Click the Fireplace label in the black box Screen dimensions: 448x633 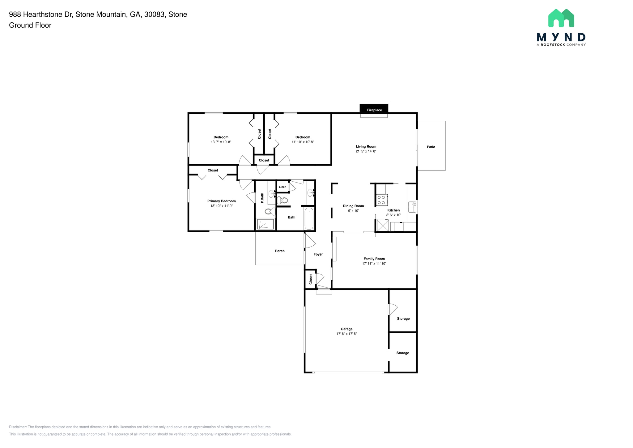click(x=374, y=110)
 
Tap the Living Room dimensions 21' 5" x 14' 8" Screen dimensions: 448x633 click(x=366, y=151)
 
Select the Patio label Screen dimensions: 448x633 click(x=431, y=147)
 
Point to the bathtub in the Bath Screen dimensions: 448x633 click(x=309, y=218)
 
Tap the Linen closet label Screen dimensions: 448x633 click(x=283, y=187)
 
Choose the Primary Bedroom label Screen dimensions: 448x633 click(x=221, y=201)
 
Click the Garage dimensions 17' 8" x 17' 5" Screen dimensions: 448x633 click(x=346, y=334)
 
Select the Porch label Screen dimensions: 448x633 click(x=280, y=251)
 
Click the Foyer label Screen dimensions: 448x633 click(x=318, y=254)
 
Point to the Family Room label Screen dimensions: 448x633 click(x=374, y=259)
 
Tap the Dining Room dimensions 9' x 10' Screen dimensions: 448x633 click(x=353, y=211)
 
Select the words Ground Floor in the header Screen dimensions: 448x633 click(x=30, y=25)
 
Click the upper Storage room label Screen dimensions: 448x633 click(x=403, y=319)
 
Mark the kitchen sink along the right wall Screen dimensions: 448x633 click(x=412, y=207)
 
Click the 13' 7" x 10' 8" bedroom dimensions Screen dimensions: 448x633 click(x=221, y=142)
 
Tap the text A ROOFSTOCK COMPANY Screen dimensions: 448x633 click(x=561, y=45)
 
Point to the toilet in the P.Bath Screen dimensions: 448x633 click(x=270, y=212)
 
